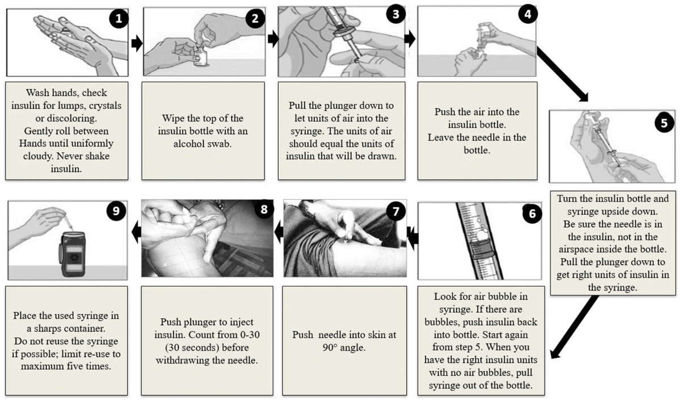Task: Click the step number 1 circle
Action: coord(118,19)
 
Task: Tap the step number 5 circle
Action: coord(665,123)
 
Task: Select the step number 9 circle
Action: coord(116,211)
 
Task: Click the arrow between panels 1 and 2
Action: coord(137,43)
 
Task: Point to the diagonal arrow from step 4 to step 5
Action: coord(563,74)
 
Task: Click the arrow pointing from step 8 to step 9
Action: coord(137,233)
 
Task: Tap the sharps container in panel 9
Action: coord(73,254)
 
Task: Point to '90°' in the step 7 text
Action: coord(330,348)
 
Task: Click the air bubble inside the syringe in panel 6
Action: coord(483,234)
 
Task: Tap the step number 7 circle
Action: coord(396,211)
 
